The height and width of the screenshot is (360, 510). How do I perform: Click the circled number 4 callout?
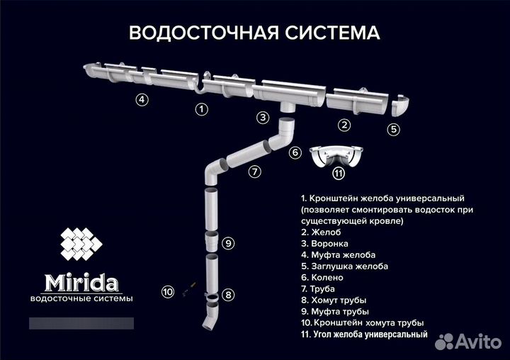point(142,100)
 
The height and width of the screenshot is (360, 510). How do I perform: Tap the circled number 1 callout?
point(202,109)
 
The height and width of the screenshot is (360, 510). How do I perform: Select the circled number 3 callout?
point(263,118)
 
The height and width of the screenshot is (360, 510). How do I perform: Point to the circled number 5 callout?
point(394,129)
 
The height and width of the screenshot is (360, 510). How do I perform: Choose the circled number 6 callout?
point(295,152)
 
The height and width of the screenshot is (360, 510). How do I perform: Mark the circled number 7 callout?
point(254,171)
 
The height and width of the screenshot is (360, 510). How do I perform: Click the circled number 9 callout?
point(227,243)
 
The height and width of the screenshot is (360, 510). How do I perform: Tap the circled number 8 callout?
point(227,294)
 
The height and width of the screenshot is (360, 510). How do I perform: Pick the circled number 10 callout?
point(167,291)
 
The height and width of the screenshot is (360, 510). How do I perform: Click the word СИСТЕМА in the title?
point(328,33)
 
